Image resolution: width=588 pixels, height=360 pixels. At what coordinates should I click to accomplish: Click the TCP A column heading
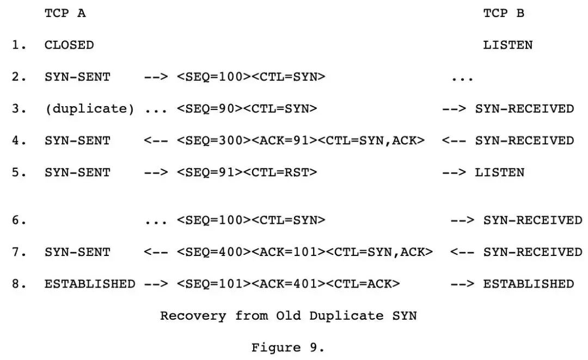(65, 14)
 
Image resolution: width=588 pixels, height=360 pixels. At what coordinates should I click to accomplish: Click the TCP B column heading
(504, 14)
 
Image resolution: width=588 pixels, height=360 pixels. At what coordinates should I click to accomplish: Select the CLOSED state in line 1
(69, 45)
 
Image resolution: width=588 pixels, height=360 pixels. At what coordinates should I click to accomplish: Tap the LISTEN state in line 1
(507, 45)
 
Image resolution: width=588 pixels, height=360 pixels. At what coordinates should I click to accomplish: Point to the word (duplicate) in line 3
(89, 109)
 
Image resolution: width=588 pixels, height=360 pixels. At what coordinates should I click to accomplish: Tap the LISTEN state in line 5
(499, 173)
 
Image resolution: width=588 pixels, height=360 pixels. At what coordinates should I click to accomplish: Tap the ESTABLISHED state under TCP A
(89, 284)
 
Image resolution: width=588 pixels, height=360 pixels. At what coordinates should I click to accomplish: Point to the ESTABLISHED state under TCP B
(528, 284)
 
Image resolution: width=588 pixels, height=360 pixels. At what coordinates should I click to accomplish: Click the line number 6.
(20, 220)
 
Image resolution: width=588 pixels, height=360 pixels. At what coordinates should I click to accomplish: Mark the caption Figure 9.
(288, 347)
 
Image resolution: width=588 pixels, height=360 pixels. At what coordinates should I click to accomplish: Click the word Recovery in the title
(193, 316)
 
